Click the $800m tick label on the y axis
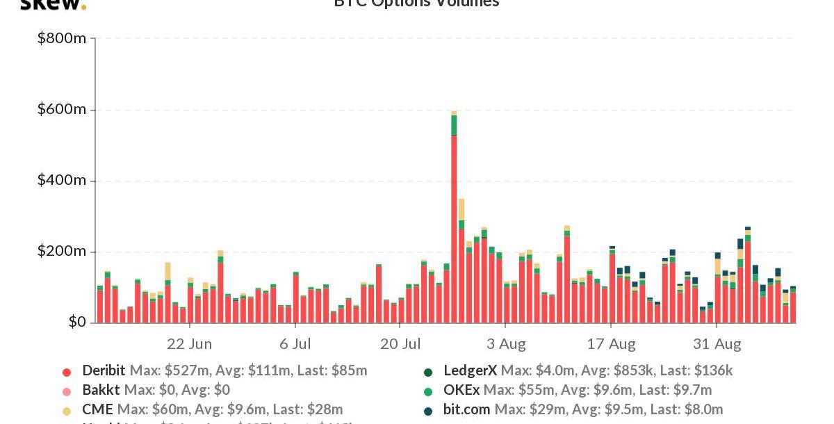[x=62, y=38]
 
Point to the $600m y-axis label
[x=62, y=110]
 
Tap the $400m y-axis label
[x=62, y=181]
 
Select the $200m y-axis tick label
[x=62, y=252]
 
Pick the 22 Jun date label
[x=189, y=344]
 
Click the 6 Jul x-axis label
[x=295, y=344]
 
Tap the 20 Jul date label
[x=400, y=344]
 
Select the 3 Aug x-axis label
[x=505, y=344]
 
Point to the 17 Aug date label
[x=611, y=344]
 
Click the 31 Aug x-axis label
[x=717, y=344]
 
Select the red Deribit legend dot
[x=67, y=372]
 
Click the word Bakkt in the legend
[x=101, y=391]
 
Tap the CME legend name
[x=97, y=410]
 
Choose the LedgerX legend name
[x=470, y=371]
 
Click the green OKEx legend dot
[x=428, y=391]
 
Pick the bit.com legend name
[x=466, y=410]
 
